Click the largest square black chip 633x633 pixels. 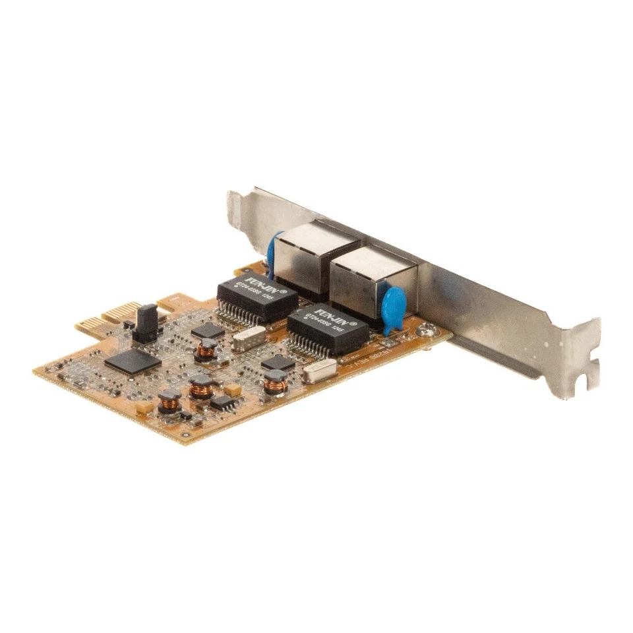tap(133, 361)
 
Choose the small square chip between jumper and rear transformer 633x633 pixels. tap(208, 330)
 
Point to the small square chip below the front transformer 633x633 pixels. tap(278, 362)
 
